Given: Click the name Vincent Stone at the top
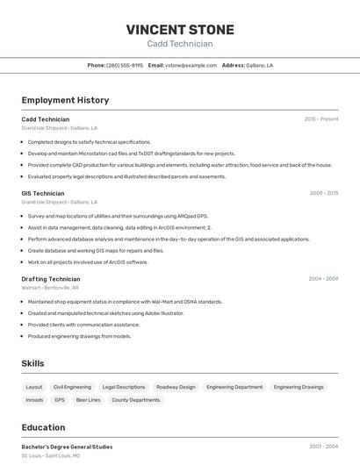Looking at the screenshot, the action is click(180, 29).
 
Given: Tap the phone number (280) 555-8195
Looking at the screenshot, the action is click(125, 65).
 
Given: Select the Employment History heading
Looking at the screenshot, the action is click(65, 100).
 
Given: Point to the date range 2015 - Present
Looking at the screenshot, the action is click(321, 118).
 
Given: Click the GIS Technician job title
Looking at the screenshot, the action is click(43, 193).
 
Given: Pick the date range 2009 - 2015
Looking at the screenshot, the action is click(324, 193).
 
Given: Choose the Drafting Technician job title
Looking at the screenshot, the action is click(51, 279).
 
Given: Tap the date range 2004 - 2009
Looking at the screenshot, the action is click(323, 279).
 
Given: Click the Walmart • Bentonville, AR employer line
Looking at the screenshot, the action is click(50, 288).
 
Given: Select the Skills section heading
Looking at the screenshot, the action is click(32, 363).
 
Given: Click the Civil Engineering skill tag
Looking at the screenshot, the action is click(72, 387).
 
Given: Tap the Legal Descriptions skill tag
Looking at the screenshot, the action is click(124, 387).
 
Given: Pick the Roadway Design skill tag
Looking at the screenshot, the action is click(176, 387).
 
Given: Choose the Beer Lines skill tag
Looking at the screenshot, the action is click(89, 400).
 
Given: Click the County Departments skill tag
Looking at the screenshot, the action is click(136, 400).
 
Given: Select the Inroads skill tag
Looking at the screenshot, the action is click(34, 400).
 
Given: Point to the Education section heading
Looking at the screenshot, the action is click(43, 427).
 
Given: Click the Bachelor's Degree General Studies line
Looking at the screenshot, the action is click(67, 447).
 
